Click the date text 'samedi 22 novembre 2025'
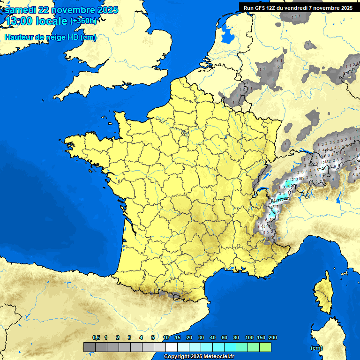coord(61,10)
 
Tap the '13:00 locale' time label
coord(36,21)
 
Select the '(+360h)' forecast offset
coord(83,21)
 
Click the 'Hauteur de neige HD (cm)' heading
coord(50,37)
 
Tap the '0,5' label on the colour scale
coord(96,337)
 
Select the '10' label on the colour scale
coord(166,337)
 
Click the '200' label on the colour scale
coord(273,337)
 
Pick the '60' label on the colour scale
coord(225,337)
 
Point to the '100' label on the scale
coord(249,337)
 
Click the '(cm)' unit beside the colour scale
coord(316,348)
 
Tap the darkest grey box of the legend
coord(89,347)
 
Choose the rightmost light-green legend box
coord(265,347)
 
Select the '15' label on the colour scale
coord(178,337)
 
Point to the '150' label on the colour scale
coord(261,337)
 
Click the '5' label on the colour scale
coord(153,337)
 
